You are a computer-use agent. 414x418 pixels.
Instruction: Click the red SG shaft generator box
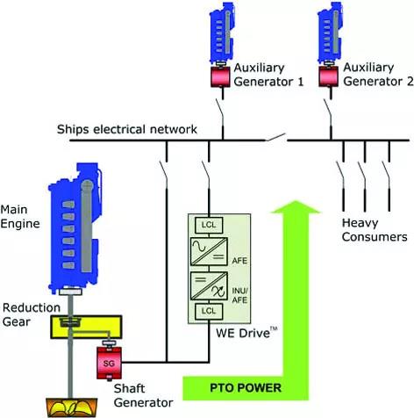pos(109,363)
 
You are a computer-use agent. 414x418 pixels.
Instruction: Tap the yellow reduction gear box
pos(86,327)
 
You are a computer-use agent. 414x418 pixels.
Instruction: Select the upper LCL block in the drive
pos(209,225)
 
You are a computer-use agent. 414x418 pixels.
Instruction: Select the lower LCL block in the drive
pos(209,311)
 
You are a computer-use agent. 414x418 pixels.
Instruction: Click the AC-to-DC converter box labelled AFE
pos(209,251)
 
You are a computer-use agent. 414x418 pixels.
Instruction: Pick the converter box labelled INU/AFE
pos(209,285)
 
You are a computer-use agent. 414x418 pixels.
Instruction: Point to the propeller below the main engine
pos(72,407)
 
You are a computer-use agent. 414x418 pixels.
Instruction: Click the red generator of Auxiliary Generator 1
pos(221,76)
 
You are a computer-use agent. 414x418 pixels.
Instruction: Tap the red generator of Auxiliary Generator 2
pos(329,76)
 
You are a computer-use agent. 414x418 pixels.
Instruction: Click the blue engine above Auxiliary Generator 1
pos(222,32)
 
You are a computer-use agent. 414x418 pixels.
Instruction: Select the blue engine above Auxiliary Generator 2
pos(330,32)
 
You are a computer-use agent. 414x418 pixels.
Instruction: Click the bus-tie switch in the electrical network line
pos(275,137)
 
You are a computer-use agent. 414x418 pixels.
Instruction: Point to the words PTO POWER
pos(246,388)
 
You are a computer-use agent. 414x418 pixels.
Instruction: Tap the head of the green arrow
pos(296,206)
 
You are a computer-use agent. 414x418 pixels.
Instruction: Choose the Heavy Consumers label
pos(375,230)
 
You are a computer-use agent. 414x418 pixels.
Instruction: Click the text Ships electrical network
pos(127,129)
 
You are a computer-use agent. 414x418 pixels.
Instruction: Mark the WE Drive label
pos(246,333)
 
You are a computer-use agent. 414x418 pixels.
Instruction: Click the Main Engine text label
pos(20,217)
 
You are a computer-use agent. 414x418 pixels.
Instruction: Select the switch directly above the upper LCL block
pos(205,174)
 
